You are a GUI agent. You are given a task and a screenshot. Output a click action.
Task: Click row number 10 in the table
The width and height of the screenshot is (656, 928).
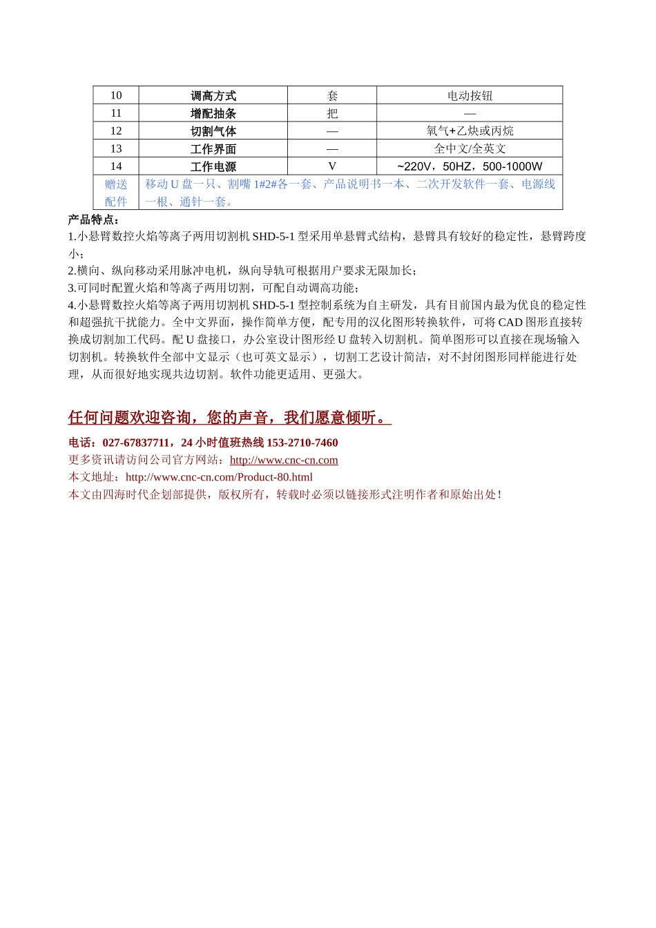point(116,95)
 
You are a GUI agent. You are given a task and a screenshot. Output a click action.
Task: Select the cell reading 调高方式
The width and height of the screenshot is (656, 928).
point(213,96)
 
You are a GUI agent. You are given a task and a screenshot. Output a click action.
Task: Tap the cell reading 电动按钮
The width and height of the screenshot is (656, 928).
point(470,96)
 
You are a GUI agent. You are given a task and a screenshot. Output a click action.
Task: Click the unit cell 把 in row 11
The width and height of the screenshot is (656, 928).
point(332,113)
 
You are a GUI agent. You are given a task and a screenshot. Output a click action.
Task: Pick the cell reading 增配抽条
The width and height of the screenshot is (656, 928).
point(213,113)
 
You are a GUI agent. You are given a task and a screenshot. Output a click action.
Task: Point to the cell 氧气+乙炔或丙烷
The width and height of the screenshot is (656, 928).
point(470,131)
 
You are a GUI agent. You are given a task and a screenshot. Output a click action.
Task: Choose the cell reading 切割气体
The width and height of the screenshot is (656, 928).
point(213,131)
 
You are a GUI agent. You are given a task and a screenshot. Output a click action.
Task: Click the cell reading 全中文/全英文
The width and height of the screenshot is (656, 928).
point(470,148)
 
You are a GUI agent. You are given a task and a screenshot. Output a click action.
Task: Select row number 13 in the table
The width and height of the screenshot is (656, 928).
point(116,148)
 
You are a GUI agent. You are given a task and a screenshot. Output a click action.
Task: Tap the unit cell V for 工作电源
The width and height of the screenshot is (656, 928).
point(332,166)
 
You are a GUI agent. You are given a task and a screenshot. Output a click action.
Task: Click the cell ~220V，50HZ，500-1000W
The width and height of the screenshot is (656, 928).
point(470,166)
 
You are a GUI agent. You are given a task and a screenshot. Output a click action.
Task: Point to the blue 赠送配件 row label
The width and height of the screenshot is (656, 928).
point(116,193)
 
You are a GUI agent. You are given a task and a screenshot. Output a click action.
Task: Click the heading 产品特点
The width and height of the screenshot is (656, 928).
point(93,220)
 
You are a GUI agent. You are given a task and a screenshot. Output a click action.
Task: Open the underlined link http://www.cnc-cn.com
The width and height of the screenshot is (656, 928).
point(284,460)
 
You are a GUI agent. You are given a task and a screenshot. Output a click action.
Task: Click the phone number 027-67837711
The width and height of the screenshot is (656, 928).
point(135,443)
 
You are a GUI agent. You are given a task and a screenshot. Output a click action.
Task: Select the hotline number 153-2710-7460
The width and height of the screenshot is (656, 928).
point(302,443)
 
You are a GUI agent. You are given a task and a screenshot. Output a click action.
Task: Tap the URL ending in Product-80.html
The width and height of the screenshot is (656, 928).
point(219,477)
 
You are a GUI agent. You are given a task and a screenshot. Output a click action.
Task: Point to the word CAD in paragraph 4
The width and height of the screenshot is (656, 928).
point(510,322)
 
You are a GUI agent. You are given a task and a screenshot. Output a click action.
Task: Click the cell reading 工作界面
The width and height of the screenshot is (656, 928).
point(213,149)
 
